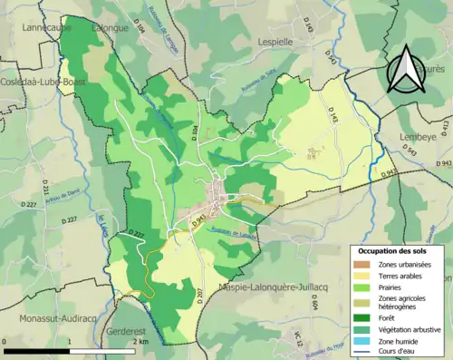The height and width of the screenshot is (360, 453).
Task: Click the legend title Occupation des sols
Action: point(390,250)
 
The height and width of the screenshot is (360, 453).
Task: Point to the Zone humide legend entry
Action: point(390,339)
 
